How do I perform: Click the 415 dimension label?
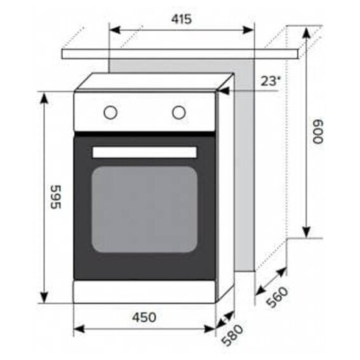[x=181, y=20]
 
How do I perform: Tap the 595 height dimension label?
[x=56, y=197]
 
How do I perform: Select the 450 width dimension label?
[x=144, y=317]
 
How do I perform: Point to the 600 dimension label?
[x=318, y=131]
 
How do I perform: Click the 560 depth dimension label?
[x=277, y=297]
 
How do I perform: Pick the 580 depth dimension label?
[x=233, y=335]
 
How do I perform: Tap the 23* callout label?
[x=271, y=81]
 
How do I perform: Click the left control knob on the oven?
[x=111, y=113]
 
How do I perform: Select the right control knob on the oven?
[x=178, y=113]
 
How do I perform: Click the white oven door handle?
[x=145, y=152]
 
